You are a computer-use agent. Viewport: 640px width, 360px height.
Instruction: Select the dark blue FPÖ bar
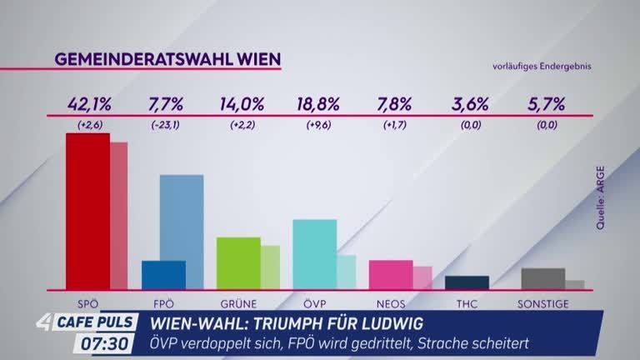(163, 274)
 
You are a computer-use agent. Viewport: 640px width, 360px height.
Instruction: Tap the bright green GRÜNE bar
(238, 262)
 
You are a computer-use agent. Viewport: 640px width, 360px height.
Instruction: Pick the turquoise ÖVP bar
(314, 253)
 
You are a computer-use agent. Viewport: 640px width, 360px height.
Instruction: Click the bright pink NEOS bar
(390, 274)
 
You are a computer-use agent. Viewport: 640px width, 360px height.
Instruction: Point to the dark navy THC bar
(467, 282)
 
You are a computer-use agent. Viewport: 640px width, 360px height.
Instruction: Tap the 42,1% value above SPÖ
(88, 105)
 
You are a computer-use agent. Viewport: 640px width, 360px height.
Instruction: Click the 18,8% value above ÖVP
(317, 105)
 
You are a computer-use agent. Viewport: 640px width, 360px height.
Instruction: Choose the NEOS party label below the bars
(392, 303)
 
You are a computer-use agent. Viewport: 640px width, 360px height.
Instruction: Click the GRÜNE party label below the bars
(240, 303)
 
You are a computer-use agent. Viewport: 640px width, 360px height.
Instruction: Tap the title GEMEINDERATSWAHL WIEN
(167, 59)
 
